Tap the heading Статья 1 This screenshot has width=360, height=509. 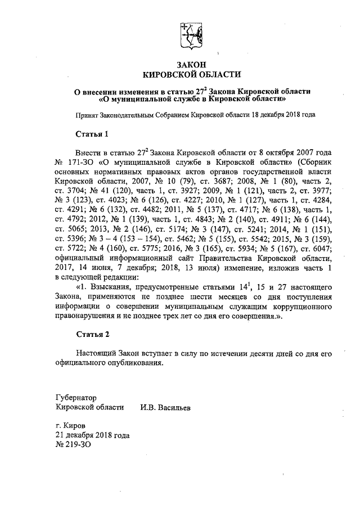[x=91, y=134]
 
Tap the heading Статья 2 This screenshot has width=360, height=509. [x=91, y=334]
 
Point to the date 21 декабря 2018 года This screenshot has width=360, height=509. [x=93, y=435]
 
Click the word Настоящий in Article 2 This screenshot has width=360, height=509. [x=95, y=354]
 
